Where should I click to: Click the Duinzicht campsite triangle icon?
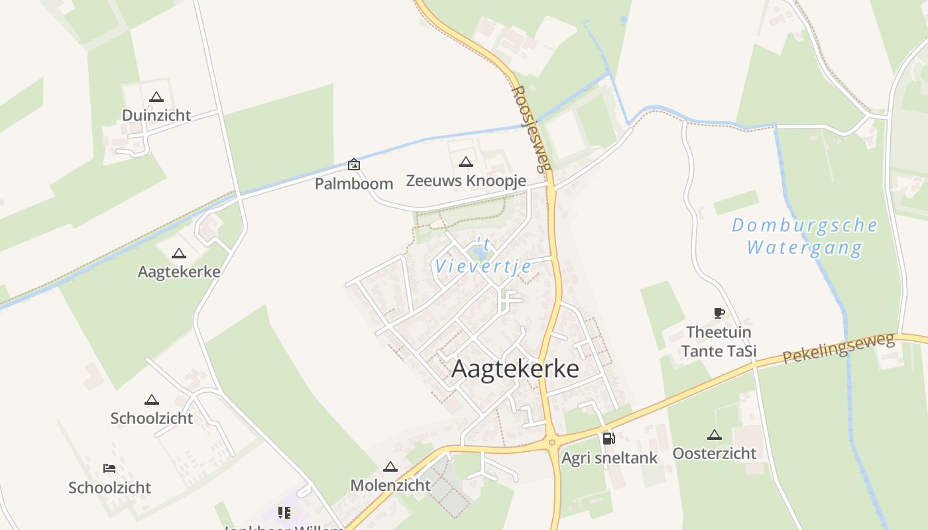tap(156, 97)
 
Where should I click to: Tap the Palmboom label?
tap(354, 184)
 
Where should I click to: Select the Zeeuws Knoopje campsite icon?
tap(466, 162)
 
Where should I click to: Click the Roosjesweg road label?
tap(532, 129)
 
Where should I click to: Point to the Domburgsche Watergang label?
tap(805, 237)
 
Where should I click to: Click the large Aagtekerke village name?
tap(515, 369)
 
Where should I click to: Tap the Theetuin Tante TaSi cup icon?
tap(719, 313)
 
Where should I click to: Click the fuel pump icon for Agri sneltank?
tap(609, 438)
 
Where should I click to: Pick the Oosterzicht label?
tap(714, 453)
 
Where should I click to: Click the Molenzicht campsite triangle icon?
tap(390, 467)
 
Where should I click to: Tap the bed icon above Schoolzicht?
tap(109, 468)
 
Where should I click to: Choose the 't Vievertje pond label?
tap(483, 257)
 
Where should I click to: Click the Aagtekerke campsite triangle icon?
tap(179, 254)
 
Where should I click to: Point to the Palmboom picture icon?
tap(354, 164)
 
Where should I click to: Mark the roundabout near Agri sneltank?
tap(551, 443)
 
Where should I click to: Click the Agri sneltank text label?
tap(609, 458)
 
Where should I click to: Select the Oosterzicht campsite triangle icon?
tap(714, 435)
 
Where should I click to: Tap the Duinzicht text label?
tap(156, 115)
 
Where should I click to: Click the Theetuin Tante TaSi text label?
tap(719, 341)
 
